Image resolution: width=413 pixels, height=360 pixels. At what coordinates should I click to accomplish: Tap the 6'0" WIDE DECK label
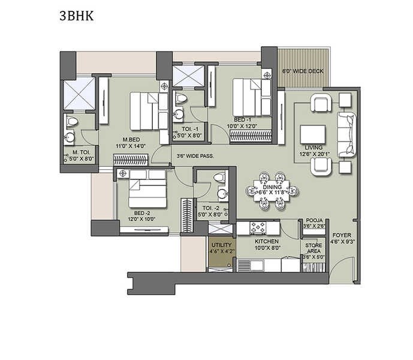pos(303,71)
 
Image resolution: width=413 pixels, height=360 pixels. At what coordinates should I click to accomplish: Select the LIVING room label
pos(313,147)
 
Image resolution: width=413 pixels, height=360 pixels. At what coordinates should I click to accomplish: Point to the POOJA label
pos(314,221)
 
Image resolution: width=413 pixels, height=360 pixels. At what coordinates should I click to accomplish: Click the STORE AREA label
pos(314,248)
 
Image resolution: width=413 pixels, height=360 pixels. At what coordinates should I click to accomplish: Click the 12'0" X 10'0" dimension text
pos(141,219)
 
